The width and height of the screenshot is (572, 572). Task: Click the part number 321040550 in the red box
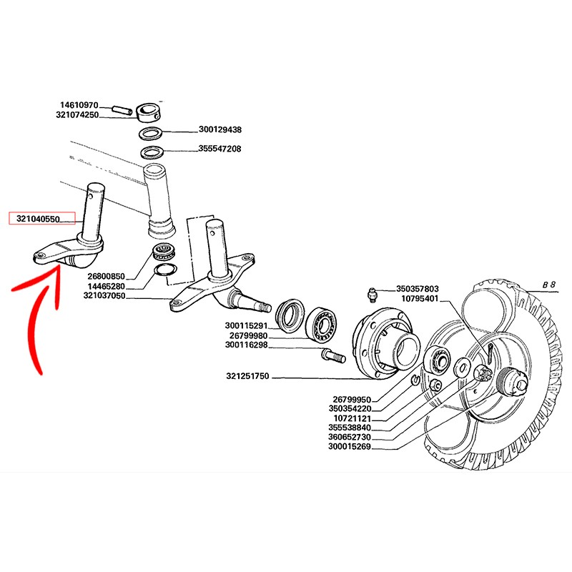point(38,219)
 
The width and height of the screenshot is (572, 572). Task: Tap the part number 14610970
point(79,105)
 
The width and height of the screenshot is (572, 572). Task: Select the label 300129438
point(220,129)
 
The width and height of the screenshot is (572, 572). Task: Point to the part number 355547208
point(220,149)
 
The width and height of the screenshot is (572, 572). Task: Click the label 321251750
point(247,376)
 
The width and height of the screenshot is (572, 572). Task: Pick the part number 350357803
point(418,289)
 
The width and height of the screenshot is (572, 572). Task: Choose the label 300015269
point(350,446)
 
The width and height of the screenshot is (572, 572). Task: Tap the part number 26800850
point(106,276)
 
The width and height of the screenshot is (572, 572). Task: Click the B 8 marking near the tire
point(548,285)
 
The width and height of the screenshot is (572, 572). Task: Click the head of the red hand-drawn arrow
point(58,268)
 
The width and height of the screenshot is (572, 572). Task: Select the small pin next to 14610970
point(122,109)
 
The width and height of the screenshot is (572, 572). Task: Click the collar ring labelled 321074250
point(149,112)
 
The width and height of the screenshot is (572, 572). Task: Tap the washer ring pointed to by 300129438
point(150,132)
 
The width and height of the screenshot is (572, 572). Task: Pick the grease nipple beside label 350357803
point(372,294)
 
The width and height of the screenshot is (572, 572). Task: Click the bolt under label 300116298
point(334,355)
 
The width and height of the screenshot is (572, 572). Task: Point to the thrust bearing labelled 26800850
point(164,251)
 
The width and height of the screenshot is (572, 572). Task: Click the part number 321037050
point(104,295)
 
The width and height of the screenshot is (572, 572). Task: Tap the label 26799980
point(248,335)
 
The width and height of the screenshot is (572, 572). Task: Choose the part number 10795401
point(420,299)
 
